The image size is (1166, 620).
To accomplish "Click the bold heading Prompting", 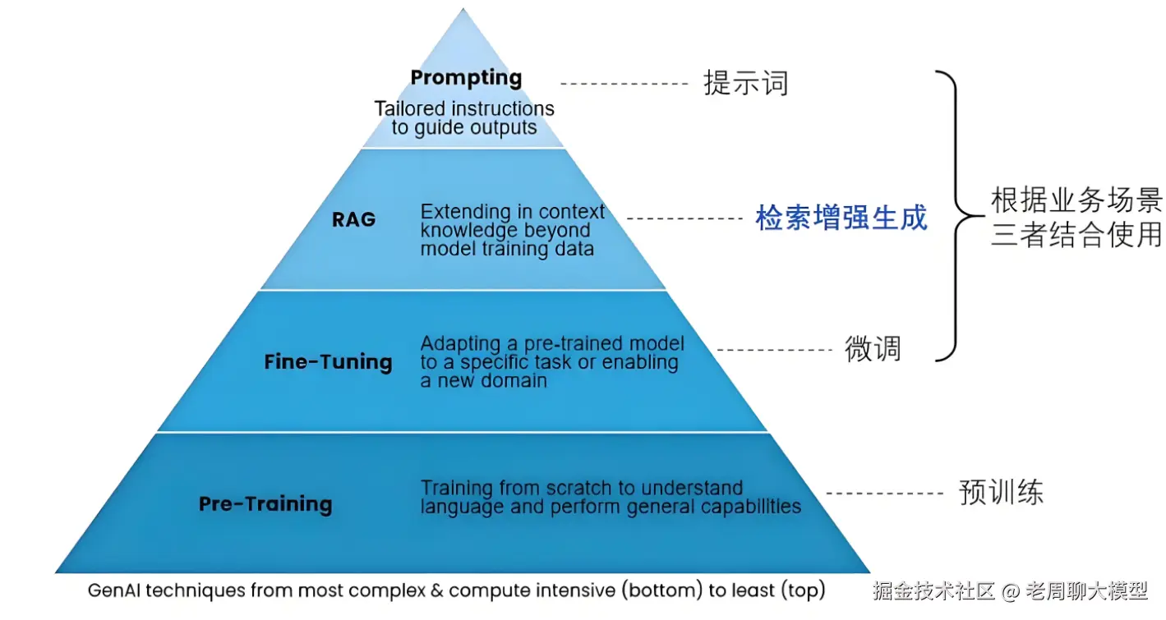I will click(466, 78).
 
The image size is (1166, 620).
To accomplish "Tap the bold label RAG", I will click(353, 219).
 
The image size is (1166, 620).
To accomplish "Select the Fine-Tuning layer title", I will click(328, 361).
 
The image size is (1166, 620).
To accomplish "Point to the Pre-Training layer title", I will click(265, 503).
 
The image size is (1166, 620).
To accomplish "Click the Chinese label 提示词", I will click(745, 83).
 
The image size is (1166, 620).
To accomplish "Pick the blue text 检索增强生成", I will click(841, 218).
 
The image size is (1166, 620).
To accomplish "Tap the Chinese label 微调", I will click(873, 349).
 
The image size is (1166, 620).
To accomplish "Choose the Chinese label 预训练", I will click(1001, 492).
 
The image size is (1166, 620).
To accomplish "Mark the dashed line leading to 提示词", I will click(624, 84).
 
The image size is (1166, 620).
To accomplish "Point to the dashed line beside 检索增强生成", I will click(684, 218).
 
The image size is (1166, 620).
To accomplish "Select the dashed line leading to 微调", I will click(775, 350).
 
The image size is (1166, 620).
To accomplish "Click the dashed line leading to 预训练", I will click(884, 493).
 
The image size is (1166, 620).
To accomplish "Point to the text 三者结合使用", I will click(1076, 236).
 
